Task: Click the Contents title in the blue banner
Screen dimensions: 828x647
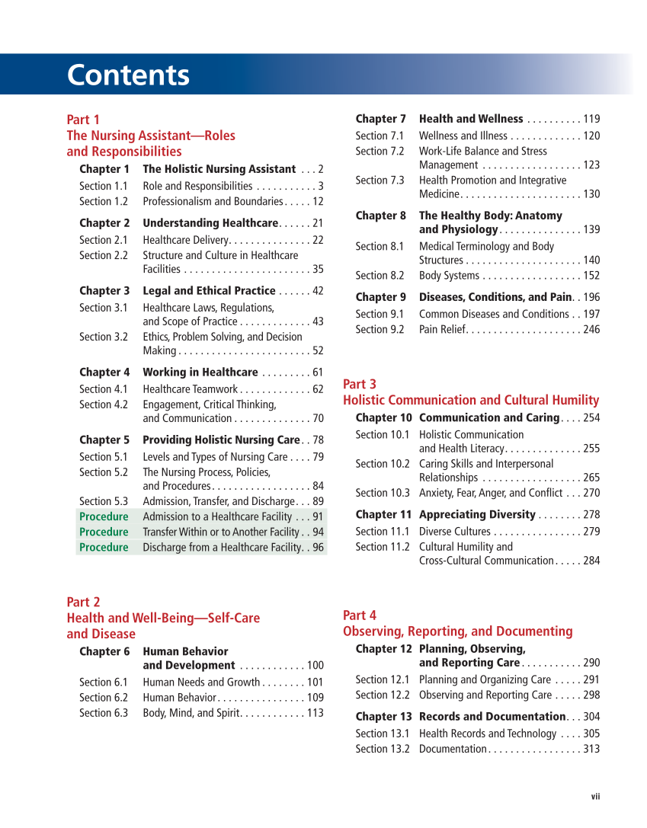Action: click(128, 75)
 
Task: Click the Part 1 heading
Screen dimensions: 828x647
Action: click(83, 120)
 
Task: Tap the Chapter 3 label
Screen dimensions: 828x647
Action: click(104, 291)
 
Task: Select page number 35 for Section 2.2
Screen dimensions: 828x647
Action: click(317, 270)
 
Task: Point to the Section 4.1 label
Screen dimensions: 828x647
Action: click(104, 389)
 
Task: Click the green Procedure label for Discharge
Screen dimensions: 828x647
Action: click(104, 548)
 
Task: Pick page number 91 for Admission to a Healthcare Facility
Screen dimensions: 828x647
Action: click(317, 517)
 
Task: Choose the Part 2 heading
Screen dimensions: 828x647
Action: click(83, 603)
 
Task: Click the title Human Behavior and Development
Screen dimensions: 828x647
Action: click(188, 658)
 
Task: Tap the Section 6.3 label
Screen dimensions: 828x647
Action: click(104, 713)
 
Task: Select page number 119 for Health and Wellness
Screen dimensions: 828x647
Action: click(591, 119)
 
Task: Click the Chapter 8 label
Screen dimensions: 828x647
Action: click(381, 216)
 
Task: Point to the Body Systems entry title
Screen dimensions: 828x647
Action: click(449, 276)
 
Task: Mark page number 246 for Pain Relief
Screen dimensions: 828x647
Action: click(591, 330)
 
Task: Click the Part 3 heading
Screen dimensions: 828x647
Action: click(360, 384)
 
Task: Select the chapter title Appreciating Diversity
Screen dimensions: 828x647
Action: click(477, 515)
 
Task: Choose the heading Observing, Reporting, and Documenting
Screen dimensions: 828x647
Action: click(457, 631)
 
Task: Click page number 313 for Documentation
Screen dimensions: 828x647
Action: click(591, 750)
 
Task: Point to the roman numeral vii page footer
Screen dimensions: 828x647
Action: click(595, 797)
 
